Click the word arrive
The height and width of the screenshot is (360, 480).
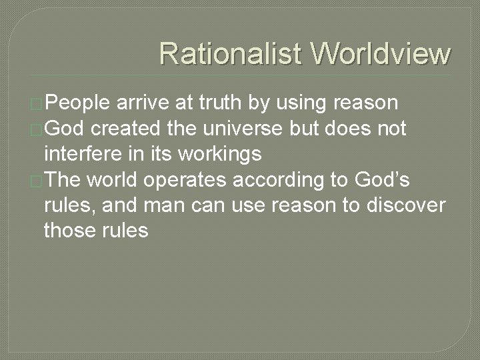click(x=147, y=103)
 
